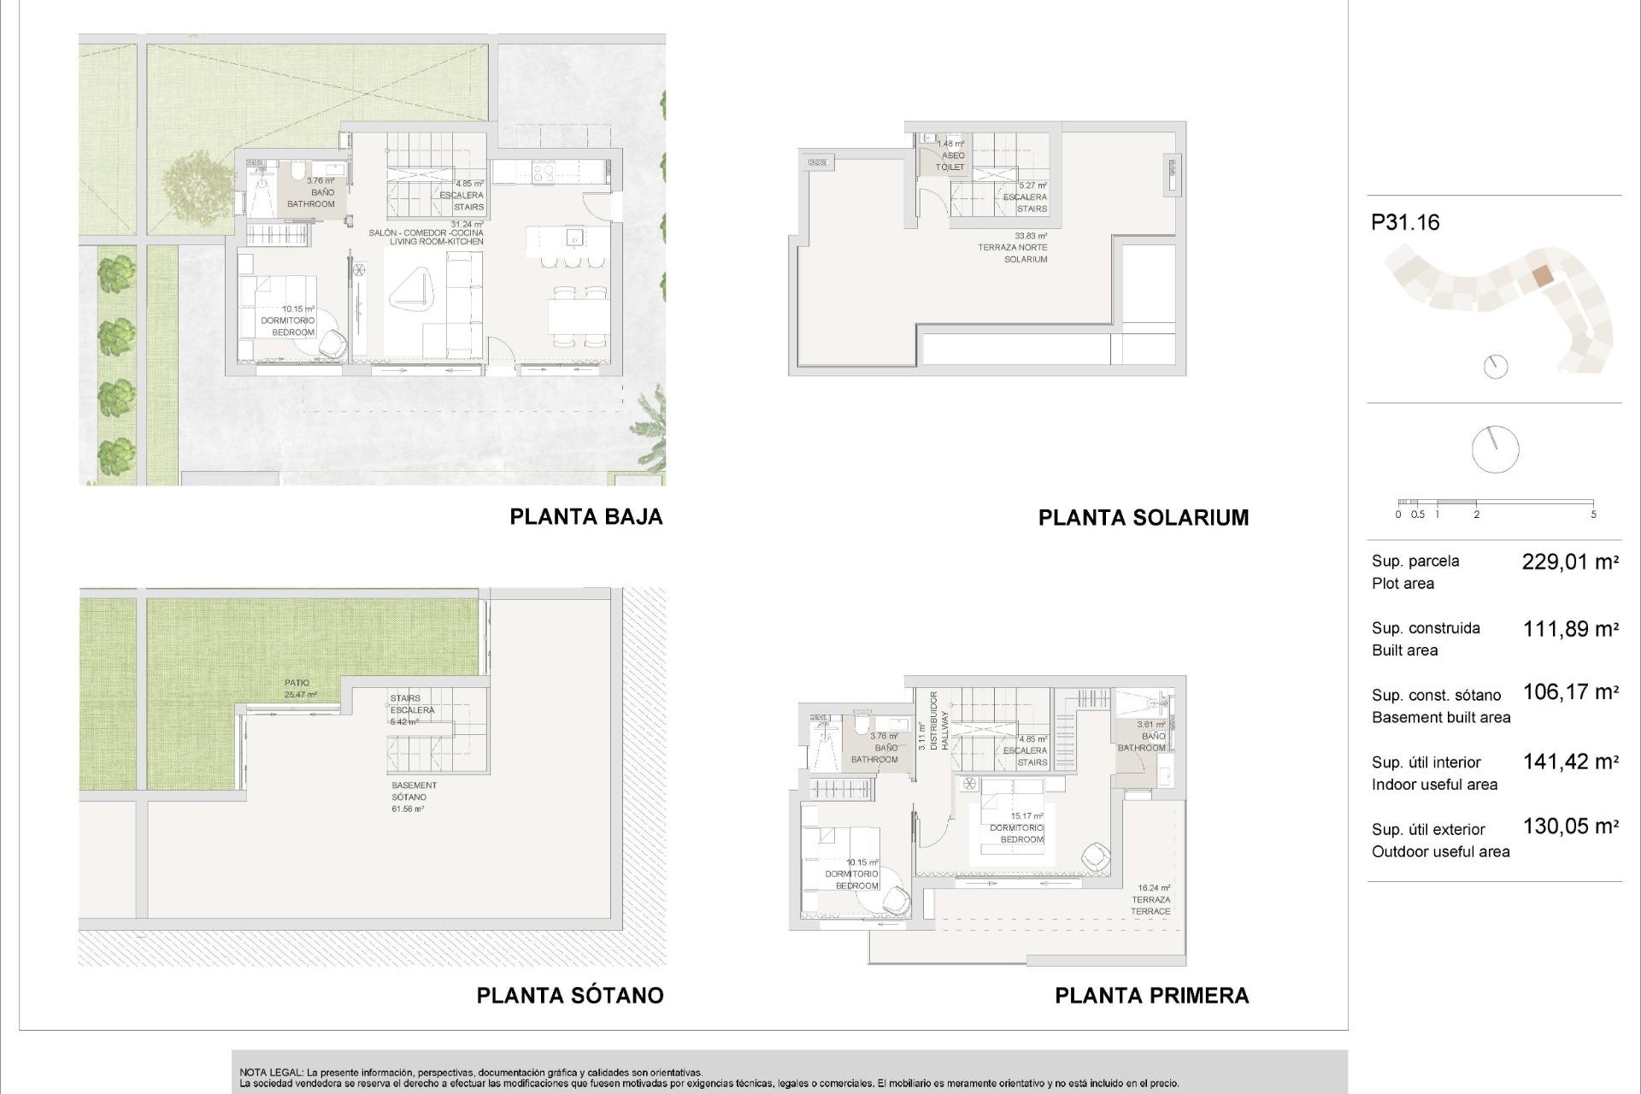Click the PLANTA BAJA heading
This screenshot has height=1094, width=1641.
coord(585,516)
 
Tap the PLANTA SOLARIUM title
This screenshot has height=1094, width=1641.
coord(1143,517)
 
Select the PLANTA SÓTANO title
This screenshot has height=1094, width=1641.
coord(569,995)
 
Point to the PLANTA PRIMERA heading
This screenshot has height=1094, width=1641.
coord(1151,995)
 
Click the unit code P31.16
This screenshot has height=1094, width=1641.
coord(1405,222)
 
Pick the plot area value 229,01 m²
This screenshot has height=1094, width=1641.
coord(1570,562)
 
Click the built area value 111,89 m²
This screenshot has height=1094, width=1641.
coord(1570,629)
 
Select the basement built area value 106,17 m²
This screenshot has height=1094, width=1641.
coord(1570,691)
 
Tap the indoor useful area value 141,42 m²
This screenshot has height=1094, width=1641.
coord(1570,762)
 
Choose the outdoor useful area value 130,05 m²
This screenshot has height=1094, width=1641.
coord(1570,826)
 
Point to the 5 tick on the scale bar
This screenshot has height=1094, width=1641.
coord(1593,514)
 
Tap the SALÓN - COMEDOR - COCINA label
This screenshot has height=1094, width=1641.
coord(426,233)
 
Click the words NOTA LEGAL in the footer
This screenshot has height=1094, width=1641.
coord(270,1072)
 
